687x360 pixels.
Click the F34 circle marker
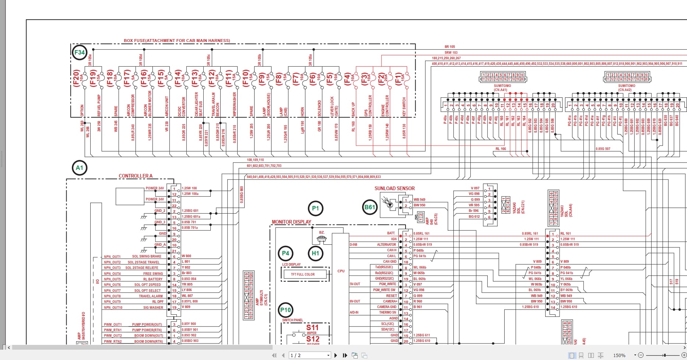point(80,52)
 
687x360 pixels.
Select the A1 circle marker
point(80,168)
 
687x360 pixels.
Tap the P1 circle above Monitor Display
point(315,208)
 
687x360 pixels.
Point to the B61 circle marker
point(369,207)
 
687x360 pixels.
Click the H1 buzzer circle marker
point(315,253)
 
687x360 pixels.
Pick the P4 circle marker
point(285,253)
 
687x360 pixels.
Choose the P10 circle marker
point(285,310)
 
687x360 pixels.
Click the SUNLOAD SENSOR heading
point(395,188)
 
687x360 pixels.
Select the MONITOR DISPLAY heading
point(291,222)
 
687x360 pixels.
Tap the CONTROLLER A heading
point(135,176)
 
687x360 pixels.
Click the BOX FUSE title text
point(177,41)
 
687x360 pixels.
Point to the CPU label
point(341,271)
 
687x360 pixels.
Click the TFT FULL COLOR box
point(303,274)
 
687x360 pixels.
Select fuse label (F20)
point(76,78)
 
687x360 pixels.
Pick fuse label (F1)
point(398,78)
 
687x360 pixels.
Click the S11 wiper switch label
point(312,327)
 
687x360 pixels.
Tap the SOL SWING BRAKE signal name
point(147,256)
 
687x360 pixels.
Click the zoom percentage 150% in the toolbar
point(619,355)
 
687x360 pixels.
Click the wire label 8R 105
point(450,47)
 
